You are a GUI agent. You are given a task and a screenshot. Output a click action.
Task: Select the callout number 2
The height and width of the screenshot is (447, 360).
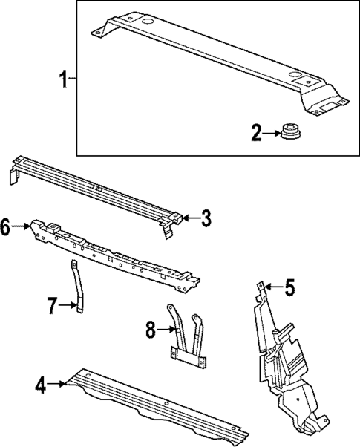[256, 134]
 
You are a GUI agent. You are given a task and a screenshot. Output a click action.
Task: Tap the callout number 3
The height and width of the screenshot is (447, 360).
[206, 218]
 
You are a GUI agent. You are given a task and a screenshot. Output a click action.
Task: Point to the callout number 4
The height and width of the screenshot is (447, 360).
[41, 385]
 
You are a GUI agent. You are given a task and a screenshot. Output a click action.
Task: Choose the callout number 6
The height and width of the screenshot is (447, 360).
[6, 227]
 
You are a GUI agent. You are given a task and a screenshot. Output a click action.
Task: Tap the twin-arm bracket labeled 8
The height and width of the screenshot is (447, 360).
[186, 338]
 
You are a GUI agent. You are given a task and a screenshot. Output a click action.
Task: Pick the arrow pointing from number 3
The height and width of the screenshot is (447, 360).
[190, 218]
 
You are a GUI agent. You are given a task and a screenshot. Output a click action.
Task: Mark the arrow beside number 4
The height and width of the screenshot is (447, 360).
[57, 384]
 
